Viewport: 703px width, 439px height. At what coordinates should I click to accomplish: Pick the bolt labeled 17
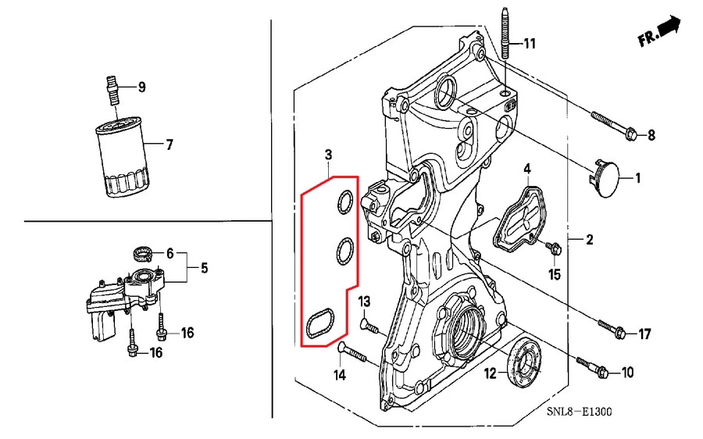pos(611,327)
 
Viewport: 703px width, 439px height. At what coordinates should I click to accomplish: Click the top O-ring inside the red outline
pos(342,205)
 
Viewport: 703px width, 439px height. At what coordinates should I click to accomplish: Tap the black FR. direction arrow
pos(669,30)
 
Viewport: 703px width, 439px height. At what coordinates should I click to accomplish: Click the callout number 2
pos(590,239)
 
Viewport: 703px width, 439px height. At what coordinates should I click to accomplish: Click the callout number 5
pos(203,268)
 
